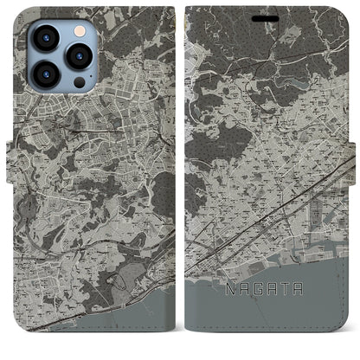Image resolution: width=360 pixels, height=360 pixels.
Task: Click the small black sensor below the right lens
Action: coord(79,82)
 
